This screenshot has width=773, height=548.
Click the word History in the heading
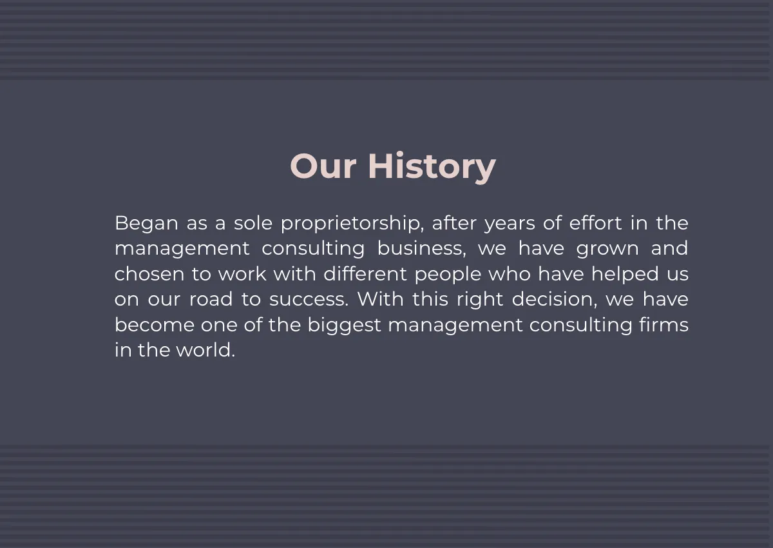point(432,166)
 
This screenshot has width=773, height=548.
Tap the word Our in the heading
point(323,166)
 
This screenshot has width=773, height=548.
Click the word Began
point(146,223)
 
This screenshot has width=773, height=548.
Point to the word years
point(510,223)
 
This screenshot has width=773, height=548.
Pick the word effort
point(596,223)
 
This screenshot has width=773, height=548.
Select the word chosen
point(149,274)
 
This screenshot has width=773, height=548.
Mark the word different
point(365,274)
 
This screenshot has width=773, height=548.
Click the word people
point(448,274)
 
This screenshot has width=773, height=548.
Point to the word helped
point(625,274)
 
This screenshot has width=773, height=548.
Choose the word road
point(211,299)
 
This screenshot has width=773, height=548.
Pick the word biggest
point(345,325)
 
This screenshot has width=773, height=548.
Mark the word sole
point(253,223)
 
